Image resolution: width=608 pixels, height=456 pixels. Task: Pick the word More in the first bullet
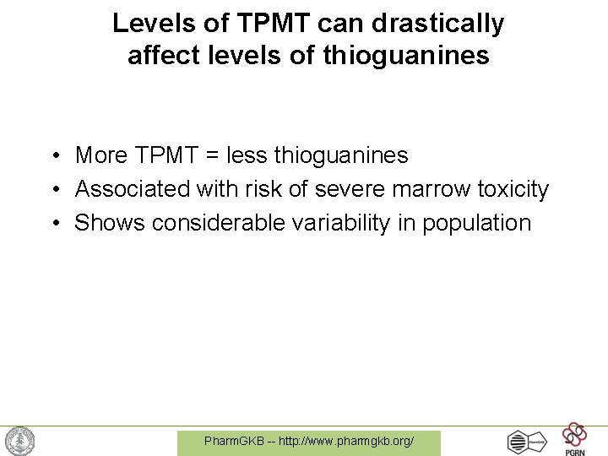[100, 155]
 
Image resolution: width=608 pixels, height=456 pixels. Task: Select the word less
[251, 155]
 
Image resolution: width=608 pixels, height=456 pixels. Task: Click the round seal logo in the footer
[20, 441]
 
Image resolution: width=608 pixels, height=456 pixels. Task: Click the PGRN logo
[574, 438]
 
